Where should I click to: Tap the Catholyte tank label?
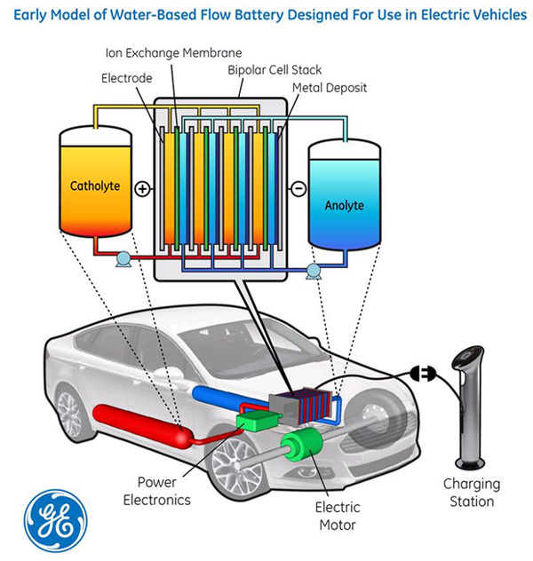click(x=95, y=186)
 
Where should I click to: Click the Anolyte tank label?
click(x=344, y=205)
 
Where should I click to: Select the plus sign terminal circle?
click(x=142, y=188)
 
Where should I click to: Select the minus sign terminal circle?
click(x=298, y=188)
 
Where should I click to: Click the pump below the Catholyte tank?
click(x=122, y=259)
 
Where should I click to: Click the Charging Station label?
click(x=472, y=493)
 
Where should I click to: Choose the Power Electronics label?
click(x=163, y=490)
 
